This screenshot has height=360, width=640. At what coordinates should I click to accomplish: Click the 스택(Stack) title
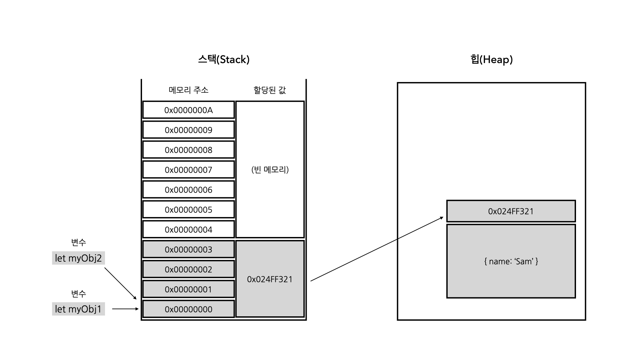[224, 60]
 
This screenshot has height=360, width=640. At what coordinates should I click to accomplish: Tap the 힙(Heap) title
[491, 60]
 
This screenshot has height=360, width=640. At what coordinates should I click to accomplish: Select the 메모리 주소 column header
[188, 90]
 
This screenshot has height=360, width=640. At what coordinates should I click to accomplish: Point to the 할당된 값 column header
[270, 90]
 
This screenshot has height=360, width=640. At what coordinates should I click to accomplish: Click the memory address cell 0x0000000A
[188, 110]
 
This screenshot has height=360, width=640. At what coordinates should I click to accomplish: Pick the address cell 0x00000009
[188, 130]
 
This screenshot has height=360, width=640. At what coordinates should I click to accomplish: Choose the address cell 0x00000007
[188, 170]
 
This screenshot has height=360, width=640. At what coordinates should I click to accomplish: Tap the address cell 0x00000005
[188, 210]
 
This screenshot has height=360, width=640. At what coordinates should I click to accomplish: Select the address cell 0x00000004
[188, 230]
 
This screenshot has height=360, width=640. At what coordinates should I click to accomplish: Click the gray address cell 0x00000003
[188, 250]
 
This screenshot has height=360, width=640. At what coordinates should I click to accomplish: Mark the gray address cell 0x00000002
[188, 269]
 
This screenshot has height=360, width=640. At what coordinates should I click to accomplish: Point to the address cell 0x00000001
[188, 289]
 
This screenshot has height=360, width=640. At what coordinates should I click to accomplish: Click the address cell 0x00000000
[188, 309]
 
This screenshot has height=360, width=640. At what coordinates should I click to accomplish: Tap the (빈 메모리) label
[270, 170]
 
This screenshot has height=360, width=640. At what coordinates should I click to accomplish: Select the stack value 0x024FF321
[270, 279]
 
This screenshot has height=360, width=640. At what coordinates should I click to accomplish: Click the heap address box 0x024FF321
[511, 211]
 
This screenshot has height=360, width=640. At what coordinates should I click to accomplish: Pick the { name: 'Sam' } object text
[511, 261]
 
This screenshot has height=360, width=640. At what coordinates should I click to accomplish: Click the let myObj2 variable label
[78, 258]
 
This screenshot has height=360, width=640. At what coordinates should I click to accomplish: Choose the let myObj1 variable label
[78, 309]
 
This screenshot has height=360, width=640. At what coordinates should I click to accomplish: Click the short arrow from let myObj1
[125, 309]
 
